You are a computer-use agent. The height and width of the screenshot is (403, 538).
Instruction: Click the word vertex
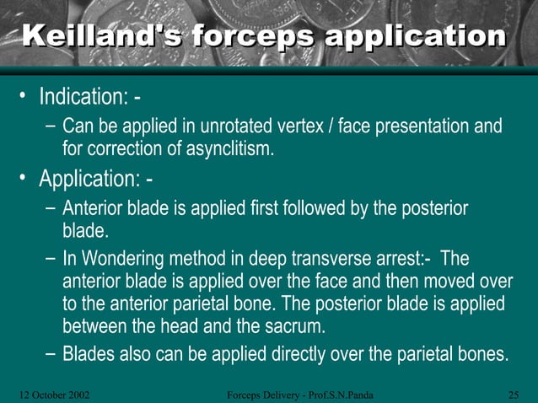[310, 127]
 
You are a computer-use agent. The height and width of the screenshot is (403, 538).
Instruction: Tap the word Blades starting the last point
[89, 354]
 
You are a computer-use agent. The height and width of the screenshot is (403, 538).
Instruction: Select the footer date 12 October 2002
[55, 394]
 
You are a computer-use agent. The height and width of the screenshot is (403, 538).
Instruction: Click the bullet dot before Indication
[25, 96]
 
